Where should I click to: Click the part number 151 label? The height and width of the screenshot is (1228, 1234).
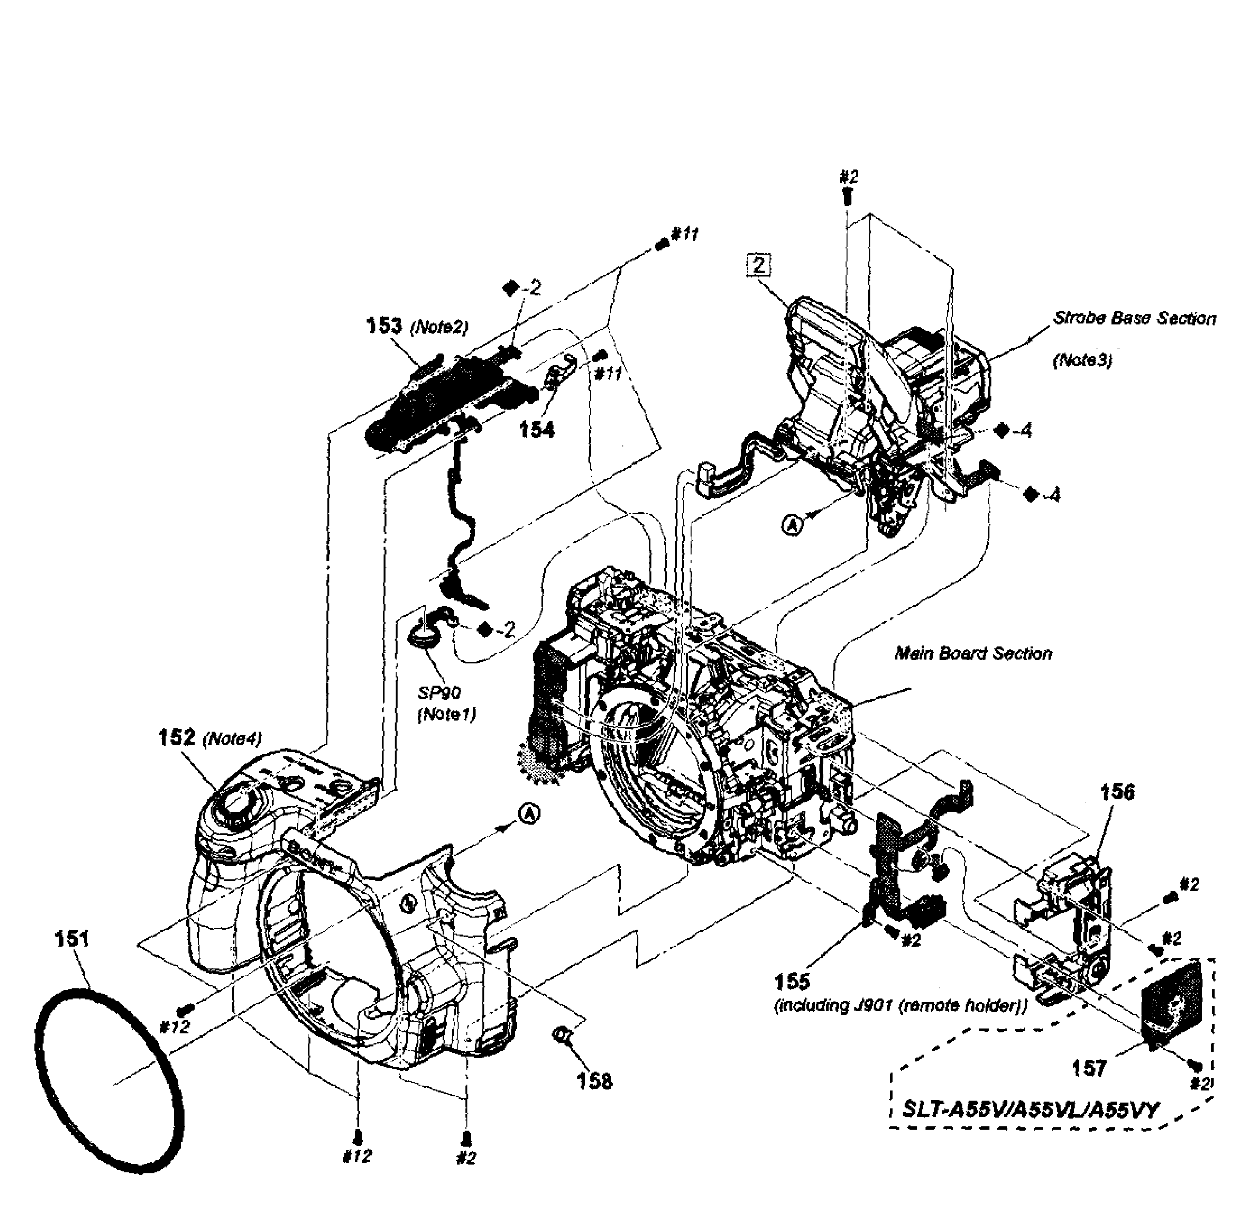pos(72,939)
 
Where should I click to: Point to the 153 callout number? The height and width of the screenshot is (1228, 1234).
pos(384,326)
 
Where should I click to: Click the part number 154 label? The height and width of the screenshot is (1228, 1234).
pos(537,430)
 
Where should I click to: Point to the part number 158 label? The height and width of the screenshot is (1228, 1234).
pos(594,1081)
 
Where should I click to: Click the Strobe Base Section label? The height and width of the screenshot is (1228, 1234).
pos(1134,318)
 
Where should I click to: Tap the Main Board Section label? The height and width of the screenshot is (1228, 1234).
pos(973,653)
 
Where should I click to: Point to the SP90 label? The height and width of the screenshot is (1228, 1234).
pos(439,693)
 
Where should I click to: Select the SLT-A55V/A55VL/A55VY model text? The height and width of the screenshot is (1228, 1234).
pos(1029,1109)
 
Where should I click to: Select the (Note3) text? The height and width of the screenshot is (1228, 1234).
pos(1082,360)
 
